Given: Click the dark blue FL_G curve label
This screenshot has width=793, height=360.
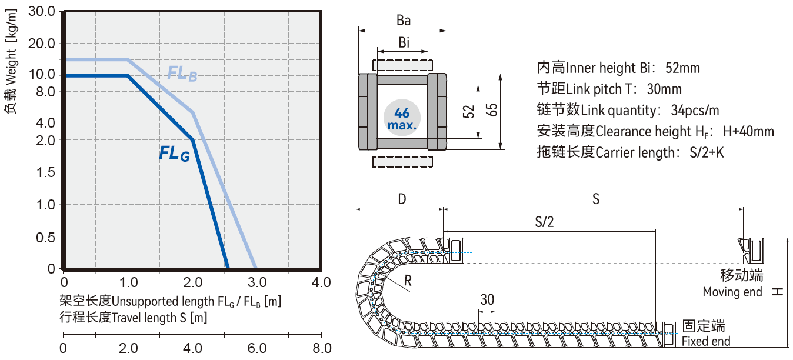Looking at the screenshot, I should click(x=175, y=154).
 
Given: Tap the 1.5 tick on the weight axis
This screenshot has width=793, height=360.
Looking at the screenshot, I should click(x=46, y=172).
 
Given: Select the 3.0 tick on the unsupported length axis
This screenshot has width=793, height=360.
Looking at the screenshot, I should click(x=257, y=282).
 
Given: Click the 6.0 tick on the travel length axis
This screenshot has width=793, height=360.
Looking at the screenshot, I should click(x=258, y=348).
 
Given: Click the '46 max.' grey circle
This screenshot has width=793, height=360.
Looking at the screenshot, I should click(x=402, y=118).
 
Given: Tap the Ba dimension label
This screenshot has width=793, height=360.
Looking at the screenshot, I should click(x=403, y=21).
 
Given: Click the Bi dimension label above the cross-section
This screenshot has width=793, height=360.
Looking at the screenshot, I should click(x=404, y=42).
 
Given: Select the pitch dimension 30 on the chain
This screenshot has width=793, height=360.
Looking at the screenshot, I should click(x=487, y=299).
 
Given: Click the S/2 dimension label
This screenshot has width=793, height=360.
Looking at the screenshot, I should click(x=544, y=222).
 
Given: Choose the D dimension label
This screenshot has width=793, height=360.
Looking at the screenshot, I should click(x=402, y=199).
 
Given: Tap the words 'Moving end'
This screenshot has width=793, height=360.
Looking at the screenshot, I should click(x=732, y=292).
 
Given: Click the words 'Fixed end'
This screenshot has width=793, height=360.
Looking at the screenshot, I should click(x=706, y=341).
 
